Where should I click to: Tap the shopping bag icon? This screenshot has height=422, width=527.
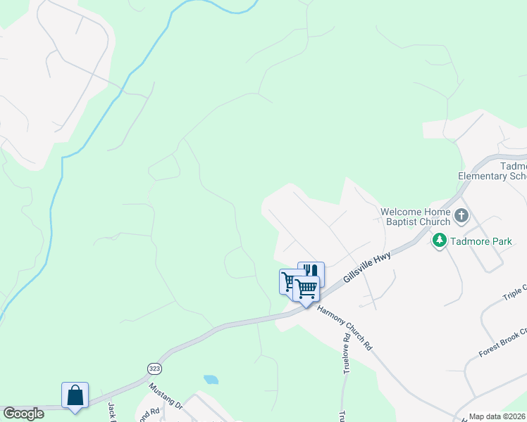click(x=75, y=395)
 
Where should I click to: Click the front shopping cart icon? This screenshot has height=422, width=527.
click(x=306, y=288)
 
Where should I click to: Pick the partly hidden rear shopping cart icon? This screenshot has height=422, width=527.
click(x=287, y=280)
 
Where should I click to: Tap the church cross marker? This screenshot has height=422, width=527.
click(x=461, y=215)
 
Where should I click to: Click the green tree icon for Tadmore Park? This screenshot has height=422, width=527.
click(x=440, y=241)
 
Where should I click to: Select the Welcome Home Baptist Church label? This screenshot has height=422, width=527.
click(x=415, y=217)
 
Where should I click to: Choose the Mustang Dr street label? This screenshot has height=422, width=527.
click(x=166, y=396)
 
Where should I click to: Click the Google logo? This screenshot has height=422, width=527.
click(x=23, y=414)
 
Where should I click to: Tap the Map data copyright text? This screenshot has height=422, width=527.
click(x=497, y=416)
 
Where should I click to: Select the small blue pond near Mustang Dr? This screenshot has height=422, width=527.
click(x=211, y=380)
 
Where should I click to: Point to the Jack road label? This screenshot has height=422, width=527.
click(x=111, y=411)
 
